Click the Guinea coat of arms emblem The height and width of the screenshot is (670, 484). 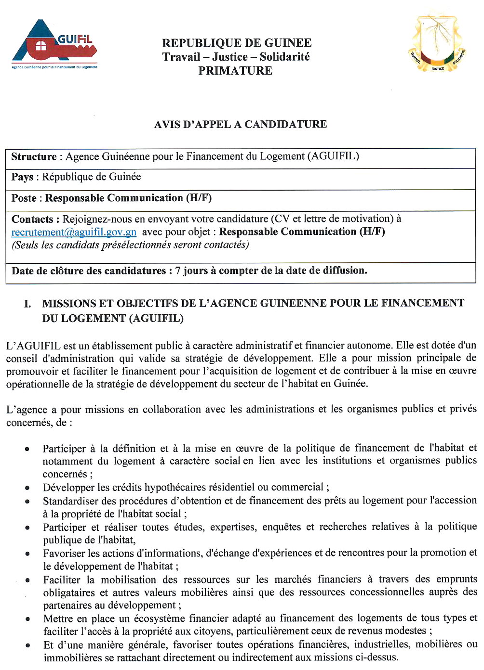(437, 44)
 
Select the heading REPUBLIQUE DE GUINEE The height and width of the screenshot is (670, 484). (236, 43)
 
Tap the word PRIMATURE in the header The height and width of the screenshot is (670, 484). (235, 71)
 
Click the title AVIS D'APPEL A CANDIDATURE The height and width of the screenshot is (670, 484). (240, 124)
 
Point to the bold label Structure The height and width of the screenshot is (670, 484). (34, 156)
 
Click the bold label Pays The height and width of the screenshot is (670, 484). (22, 177)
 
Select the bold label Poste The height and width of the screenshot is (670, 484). (24, 198)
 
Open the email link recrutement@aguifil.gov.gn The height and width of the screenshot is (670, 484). (74, 232)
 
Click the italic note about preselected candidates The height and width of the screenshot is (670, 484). (130, 245)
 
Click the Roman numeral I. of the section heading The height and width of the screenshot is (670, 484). (27, 304)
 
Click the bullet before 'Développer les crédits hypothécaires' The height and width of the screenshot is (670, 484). (28, 488)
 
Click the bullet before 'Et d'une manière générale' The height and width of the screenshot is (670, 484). (28, 645)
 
